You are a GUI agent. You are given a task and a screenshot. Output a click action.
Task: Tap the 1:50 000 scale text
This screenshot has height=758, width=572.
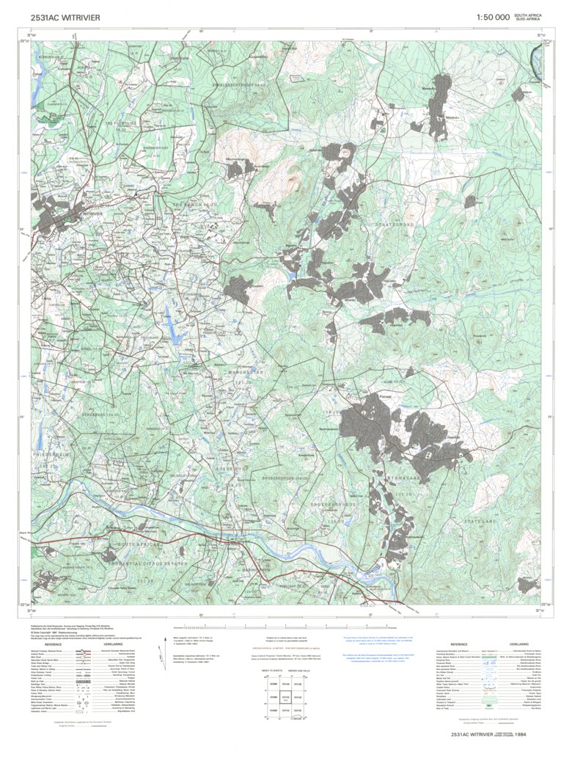click(492, 17)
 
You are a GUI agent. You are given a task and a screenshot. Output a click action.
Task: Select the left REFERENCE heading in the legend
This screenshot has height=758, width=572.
click(53, 644)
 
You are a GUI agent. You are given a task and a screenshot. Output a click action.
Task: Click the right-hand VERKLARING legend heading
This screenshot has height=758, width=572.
click(524, 644)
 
